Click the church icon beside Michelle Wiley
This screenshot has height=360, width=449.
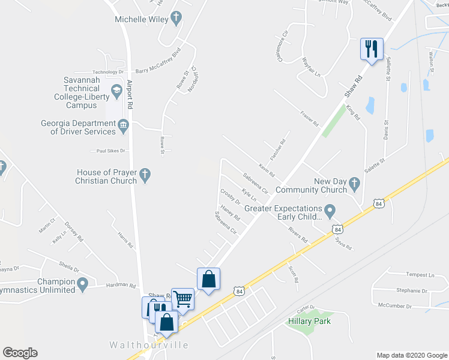(176, 18)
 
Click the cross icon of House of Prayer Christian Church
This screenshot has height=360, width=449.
(144, 175)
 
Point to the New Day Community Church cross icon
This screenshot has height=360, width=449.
(354, 184)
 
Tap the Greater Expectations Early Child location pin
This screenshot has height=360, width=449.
(329, 211)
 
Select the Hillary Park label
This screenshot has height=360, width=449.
(309, 322)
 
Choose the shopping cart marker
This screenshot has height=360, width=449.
(182, 298)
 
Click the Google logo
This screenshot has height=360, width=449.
(20, 353)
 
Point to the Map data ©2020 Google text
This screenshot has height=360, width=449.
(411, 355)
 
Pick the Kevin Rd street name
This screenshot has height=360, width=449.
(267, 170)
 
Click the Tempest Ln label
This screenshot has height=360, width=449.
(420, 275)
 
